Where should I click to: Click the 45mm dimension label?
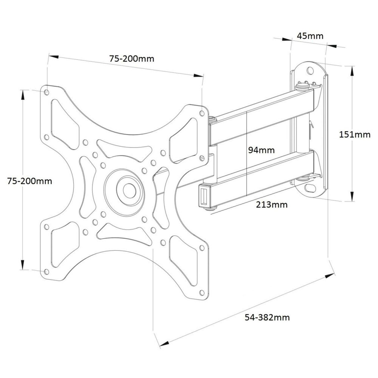pyautogui.click(x=310, y=36)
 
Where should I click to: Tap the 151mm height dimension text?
pyautogui.click(x=355, y=135)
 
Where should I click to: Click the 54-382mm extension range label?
pyautogui.click(x=267, y=317)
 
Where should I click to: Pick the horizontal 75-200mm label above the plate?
pyautogui.click(x=131, y=59)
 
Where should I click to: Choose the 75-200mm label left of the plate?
pyautogui.click(x=29, y=181)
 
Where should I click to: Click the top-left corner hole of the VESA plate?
pyautogui.click(x=46, y=92)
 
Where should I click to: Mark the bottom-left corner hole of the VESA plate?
pyautogui.click(x=46, y=271)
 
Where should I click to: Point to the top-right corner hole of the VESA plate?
pyautogui.click(x=202, y=113)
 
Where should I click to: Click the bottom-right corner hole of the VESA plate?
pyautogui.click(x=202, y=292)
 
